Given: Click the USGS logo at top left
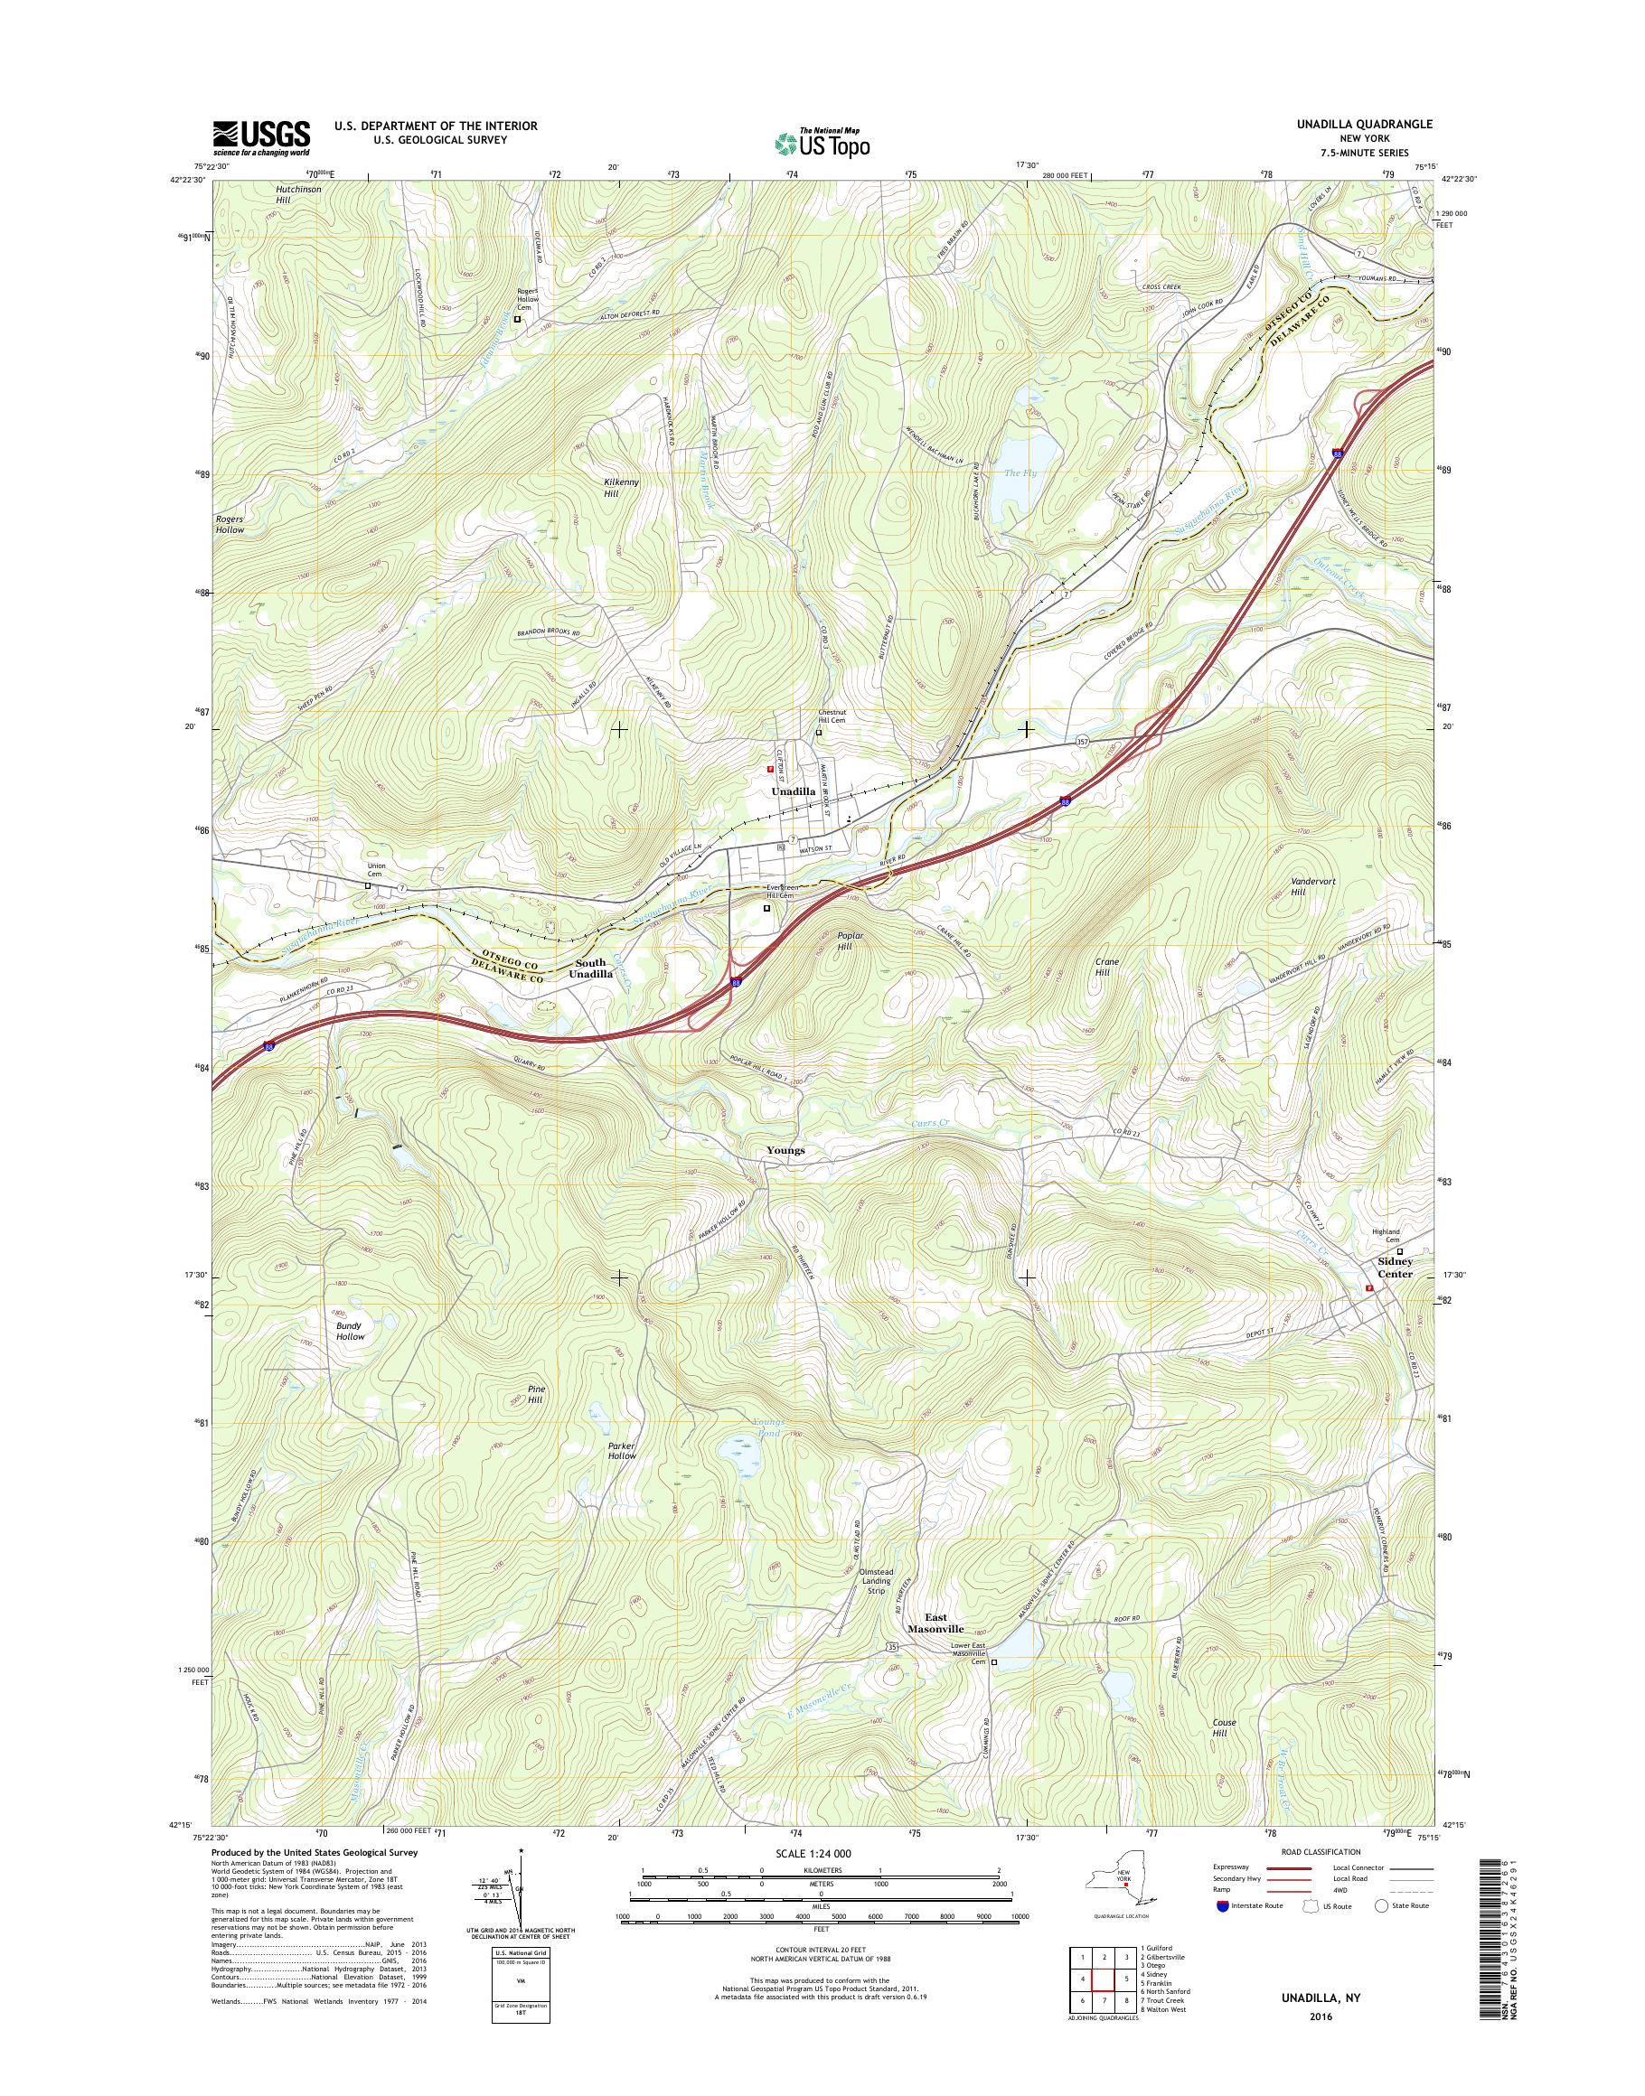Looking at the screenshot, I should [x=261, y=137].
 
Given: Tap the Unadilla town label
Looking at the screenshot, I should [x=793, y=791].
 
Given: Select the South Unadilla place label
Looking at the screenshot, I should [x=590, y=968].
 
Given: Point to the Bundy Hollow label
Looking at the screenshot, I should [x=350, y=1331].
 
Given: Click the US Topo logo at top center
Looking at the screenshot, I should [x=821, y=143].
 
